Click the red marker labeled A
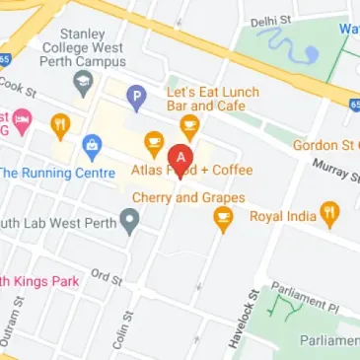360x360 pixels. (x=180, y=158)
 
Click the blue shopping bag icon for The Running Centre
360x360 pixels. (x=93, y=147)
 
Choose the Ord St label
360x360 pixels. (x=106, y=277)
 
